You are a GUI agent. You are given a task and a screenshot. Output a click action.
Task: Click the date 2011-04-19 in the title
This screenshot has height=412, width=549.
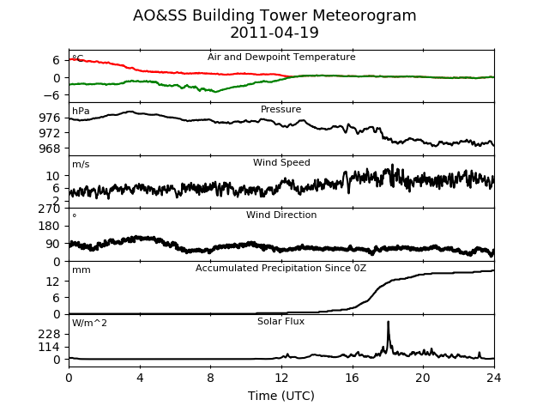[274, 33]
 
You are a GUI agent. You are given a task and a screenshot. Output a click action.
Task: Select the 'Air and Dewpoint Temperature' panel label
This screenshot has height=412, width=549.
[281, 58]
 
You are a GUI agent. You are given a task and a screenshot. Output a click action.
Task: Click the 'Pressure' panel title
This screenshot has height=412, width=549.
[281, 109]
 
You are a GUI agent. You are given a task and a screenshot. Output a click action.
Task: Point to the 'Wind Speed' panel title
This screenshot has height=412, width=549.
[281, 162]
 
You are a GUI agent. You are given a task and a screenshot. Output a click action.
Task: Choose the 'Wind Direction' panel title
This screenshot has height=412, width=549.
[281, 215]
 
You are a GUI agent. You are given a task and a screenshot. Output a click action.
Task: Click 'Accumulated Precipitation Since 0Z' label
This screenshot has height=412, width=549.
[281, 269]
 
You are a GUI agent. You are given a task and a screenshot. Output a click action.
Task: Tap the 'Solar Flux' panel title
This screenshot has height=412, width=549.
[281, 321]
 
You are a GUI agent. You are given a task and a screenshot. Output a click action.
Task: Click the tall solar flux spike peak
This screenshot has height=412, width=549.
[389, 322]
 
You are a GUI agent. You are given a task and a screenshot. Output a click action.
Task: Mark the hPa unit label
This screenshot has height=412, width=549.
[81, 111]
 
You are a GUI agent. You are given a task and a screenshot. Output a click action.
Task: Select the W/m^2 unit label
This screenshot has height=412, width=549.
[89, 323]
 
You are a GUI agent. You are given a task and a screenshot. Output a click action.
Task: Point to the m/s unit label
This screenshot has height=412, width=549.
[81, 164]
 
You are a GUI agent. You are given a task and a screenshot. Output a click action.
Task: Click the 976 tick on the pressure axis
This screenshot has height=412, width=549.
[50, 118]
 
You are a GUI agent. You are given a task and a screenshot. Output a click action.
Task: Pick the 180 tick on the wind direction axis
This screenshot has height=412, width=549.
[50, 226]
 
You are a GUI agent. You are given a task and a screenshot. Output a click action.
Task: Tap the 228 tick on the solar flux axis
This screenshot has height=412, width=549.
[50, 334]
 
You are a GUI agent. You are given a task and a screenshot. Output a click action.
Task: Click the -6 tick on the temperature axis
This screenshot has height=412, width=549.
[51, 95]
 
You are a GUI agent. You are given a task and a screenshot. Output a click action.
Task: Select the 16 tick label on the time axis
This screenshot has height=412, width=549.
[353, 378]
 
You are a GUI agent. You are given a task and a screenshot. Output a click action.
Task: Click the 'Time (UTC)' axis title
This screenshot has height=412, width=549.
[281, 396]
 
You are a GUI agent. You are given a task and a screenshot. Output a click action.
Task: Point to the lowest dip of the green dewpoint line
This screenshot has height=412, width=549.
[215, 92]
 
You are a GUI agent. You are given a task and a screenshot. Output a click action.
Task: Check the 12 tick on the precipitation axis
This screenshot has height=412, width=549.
[53, 281]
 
